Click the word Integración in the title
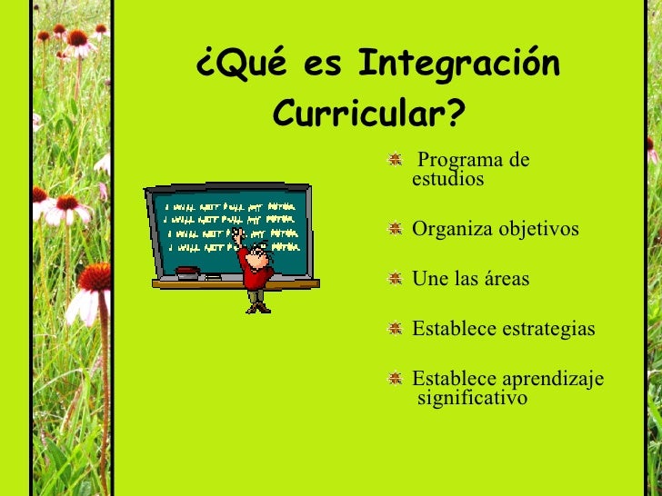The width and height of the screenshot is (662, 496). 458,65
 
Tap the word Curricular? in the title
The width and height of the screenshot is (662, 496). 368,115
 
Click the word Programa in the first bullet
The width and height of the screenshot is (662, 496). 461,161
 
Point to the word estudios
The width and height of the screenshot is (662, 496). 448,180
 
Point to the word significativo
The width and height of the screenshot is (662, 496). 472,398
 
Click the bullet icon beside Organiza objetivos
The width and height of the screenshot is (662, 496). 395,229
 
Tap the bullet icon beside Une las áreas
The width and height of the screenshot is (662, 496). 395,279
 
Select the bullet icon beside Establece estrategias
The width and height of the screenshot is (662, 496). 395,329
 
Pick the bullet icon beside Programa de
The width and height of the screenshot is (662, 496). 395,161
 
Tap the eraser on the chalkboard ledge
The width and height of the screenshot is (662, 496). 186,271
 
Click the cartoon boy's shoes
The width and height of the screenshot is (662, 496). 258,307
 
